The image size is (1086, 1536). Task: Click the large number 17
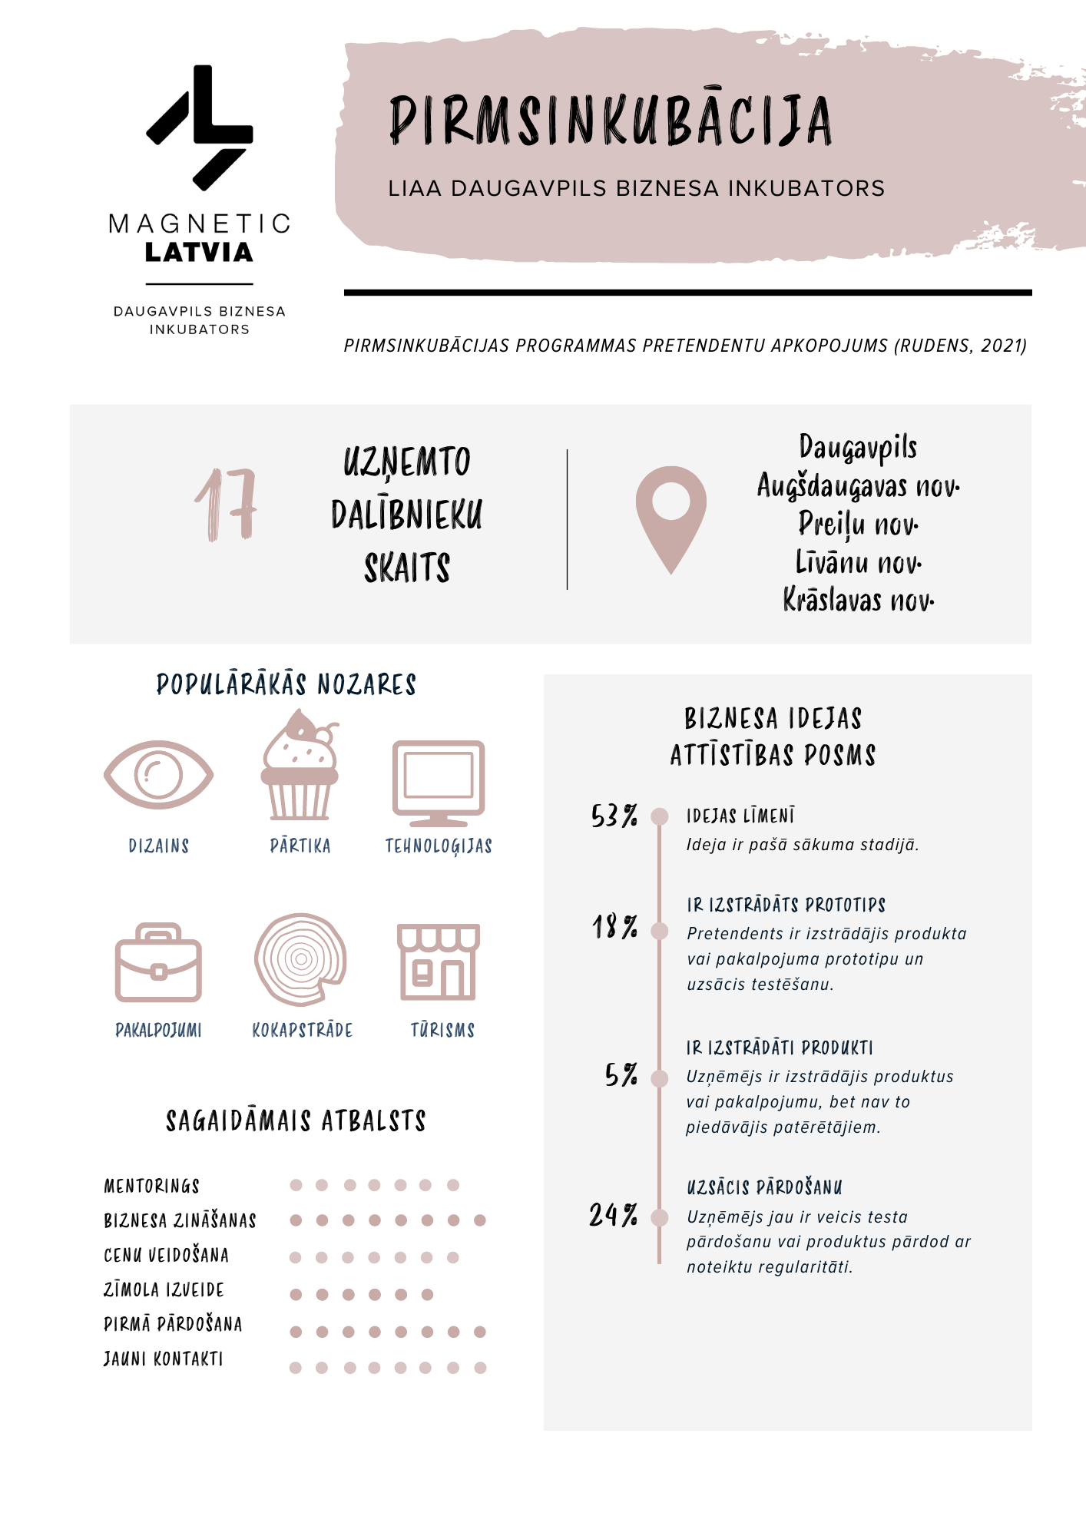coord(226,505)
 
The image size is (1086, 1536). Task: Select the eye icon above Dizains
coord(158,774)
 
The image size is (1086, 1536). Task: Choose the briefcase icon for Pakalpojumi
coord(158,963)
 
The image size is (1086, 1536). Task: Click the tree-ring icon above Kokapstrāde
coord(300,958)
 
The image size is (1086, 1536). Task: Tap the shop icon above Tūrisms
coord(439,962)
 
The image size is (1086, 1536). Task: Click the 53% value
coord(614,816)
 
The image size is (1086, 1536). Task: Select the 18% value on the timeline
coord(614,927)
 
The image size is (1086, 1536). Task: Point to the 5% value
coord(621,1074)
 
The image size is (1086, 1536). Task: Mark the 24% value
coord(613,1215)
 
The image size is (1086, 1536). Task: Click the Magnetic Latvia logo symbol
coord(200,127)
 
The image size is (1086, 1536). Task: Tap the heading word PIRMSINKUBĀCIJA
coord(611,121)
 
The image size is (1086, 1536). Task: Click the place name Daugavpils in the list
coord(858,448)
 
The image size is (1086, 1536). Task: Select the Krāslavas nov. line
coord(858,600)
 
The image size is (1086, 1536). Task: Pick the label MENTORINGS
coord(152,1187)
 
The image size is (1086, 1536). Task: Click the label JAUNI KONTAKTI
coord(164,1359)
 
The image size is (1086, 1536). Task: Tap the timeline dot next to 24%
coord(659,1217)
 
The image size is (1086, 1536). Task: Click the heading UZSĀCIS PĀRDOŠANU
coord(764,1188)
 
